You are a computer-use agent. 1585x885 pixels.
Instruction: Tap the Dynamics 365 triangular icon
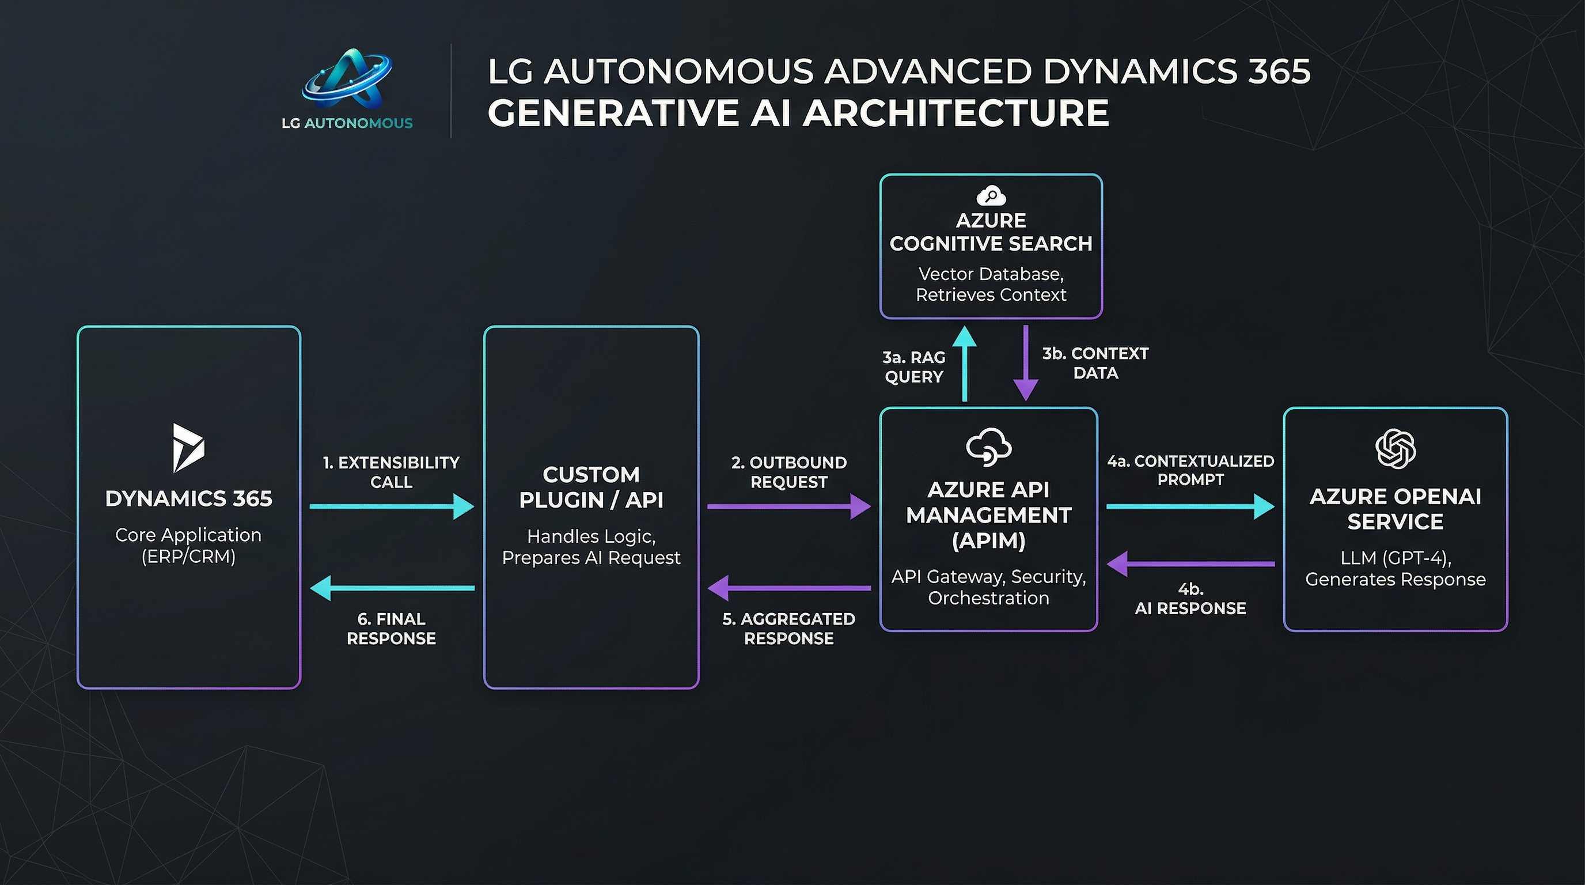point(188,448)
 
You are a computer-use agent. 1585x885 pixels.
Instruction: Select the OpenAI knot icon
point(1395,449)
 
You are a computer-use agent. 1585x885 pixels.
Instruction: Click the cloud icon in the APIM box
point(988,446)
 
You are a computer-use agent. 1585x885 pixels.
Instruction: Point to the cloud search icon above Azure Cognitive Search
point(991,196)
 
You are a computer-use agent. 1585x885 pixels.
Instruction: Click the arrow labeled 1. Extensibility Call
point(391,506)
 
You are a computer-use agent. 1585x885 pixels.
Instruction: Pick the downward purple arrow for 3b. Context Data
point(1026,364)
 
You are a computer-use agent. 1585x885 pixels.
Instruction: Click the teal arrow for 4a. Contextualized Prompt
point(1189,506)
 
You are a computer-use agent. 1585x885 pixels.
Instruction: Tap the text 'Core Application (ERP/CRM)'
point(188,545)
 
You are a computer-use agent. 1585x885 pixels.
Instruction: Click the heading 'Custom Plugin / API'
point(591,487)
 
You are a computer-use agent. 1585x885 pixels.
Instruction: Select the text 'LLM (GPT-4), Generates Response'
point(1395,568)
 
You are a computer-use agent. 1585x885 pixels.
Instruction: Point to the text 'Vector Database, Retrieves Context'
point(991,283)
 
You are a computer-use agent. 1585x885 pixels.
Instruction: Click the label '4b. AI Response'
point(1190,599)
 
